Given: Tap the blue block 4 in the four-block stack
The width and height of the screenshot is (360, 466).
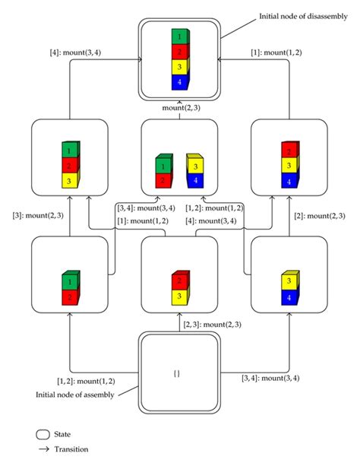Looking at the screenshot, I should tap(179, 81).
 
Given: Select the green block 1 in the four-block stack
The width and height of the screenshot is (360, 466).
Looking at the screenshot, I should tap(179, 36).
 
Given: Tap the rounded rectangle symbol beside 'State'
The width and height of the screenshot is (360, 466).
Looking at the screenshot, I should tap(44, 433).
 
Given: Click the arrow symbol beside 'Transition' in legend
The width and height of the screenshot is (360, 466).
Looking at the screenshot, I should tap(44, 449).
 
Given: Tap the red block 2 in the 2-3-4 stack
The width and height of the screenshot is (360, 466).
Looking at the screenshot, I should tap(289, 150).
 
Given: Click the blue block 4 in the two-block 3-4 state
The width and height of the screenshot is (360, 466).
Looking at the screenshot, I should tap(289, 298).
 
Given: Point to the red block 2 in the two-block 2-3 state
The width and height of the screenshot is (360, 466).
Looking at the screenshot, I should tap(179, 280).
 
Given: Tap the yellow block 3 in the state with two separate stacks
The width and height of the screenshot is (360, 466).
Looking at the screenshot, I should tap(195, 165).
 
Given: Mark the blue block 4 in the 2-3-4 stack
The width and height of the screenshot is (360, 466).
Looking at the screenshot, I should tap(289, 181).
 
